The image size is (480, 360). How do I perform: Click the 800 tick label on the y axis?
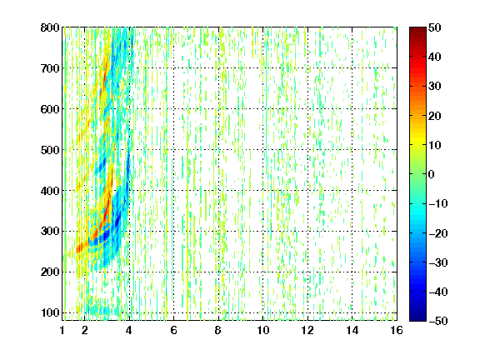tap(50, 27)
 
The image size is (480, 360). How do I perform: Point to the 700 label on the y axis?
tap(50, 68)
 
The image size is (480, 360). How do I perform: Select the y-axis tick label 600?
tap(50, 109)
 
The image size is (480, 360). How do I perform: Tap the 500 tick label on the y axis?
tap(50, 150)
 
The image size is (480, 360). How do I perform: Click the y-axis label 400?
tap(50, 191)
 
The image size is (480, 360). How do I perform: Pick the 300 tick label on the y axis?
tap(50, 232)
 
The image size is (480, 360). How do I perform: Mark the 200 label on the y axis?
tap(50, 272)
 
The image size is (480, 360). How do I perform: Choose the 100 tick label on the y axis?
tap(50, 312)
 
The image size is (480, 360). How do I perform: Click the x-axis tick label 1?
tap(62, 330)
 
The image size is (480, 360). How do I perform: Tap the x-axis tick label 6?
tap(173, 330)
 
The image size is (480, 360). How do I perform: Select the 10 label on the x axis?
tap(262, 330)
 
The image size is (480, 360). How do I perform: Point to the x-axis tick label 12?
tap(307, 330)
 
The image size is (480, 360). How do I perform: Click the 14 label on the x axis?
tap(352, 330)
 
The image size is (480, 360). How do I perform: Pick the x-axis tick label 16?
tap(397, 330)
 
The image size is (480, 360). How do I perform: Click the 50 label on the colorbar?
tap(435, 27)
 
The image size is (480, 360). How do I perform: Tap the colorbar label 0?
tap(432, 174)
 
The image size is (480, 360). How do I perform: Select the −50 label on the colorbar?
tap(438, 321)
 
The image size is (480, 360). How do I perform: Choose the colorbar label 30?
tap(435, 87)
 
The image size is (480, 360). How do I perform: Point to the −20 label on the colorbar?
tap(438, 233)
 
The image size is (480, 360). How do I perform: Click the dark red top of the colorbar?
tap(417, 30)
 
